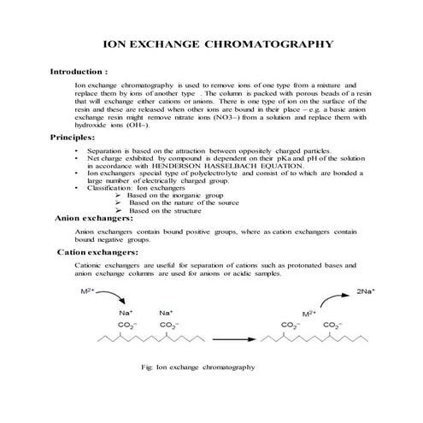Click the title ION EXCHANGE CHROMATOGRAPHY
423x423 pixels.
pyautogui.click(x=211, y=41)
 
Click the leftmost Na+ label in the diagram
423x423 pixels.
pyautogui.click(x=126, y=312)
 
